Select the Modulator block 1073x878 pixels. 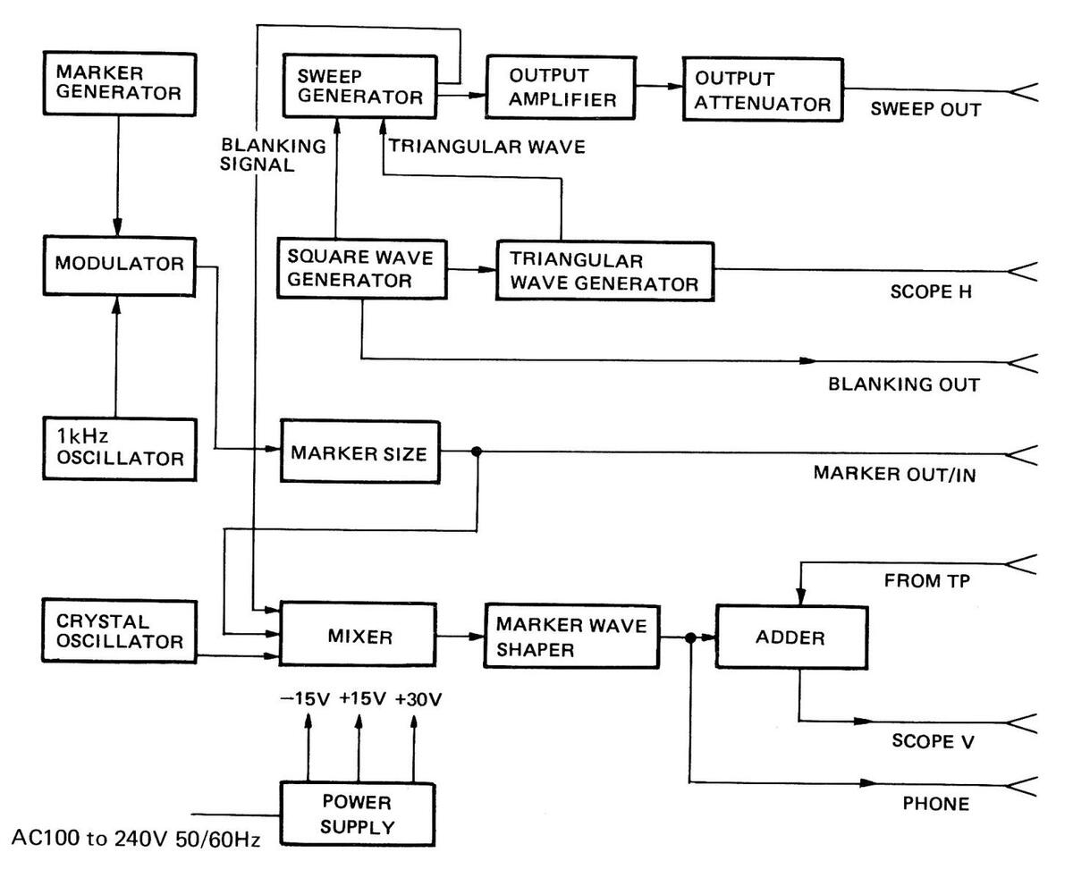pos(118,265)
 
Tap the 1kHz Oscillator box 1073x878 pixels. pos(118,448)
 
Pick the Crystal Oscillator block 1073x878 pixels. pos(118,631)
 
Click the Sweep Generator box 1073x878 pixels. pos(360,85)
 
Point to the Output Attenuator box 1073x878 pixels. pos(762,91)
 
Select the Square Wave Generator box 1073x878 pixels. pos(360,269)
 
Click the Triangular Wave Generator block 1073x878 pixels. pos(605,272)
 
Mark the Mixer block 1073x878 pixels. pos(373,637)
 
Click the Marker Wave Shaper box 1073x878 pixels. pos(571,637)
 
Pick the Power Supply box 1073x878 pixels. pos(359,814)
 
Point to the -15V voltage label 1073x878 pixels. pos(306,699)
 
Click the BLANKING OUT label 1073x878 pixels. pos(904,384)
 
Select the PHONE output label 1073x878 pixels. pos(935,805)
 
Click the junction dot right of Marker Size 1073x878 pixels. pos(477,452)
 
